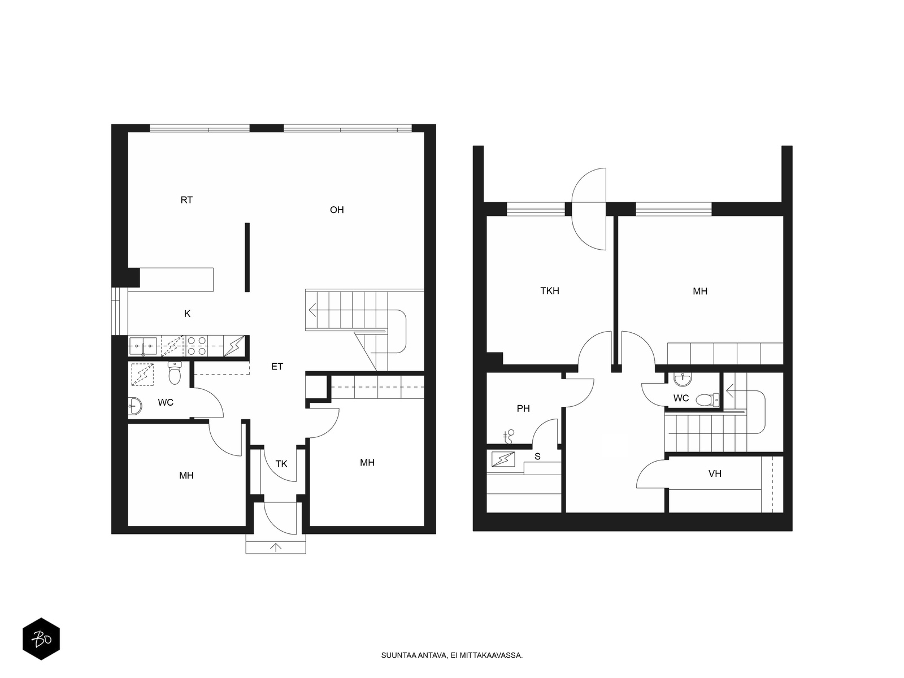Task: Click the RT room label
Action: click(186, 200)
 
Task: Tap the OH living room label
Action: click(337, 210)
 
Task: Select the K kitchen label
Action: click(187, 314)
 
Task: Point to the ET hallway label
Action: click(277, 366)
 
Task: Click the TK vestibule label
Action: click(281, 464)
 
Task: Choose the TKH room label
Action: click(549, 290)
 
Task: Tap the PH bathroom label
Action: click(523, 408)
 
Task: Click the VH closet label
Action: click(715, 473)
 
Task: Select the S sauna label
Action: click(537, 456)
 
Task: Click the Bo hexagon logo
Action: click(41, 639)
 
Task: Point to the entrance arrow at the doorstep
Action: click(276, 547)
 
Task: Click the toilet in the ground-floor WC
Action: click(175, 372)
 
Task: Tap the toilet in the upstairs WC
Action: click(707, 399)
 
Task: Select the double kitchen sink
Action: click(143, 346)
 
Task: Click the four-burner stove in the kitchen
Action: click(197, 346)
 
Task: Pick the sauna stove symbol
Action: click(503, 459)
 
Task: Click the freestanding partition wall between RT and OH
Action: click(247, 257)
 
